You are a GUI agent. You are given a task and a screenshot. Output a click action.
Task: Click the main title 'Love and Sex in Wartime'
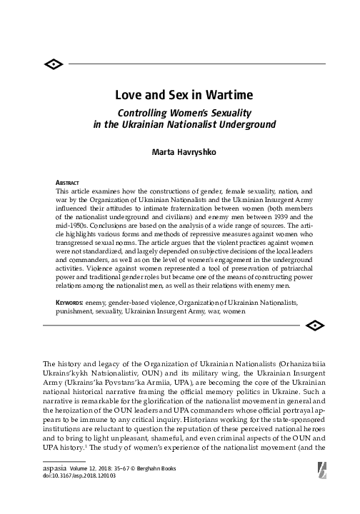(x=180, y=95)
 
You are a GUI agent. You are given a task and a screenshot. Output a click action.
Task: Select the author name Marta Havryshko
(x=180, y=152)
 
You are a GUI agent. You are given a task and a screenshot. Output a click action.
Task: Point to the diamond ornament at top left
(x=54, y=65)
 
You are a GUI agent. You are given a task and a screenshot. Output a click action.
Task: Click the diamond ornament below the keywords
(x=312, y=326)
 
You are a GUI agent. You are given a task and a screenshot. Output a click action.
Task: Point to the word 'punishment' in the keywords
(x=75, y=311)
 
